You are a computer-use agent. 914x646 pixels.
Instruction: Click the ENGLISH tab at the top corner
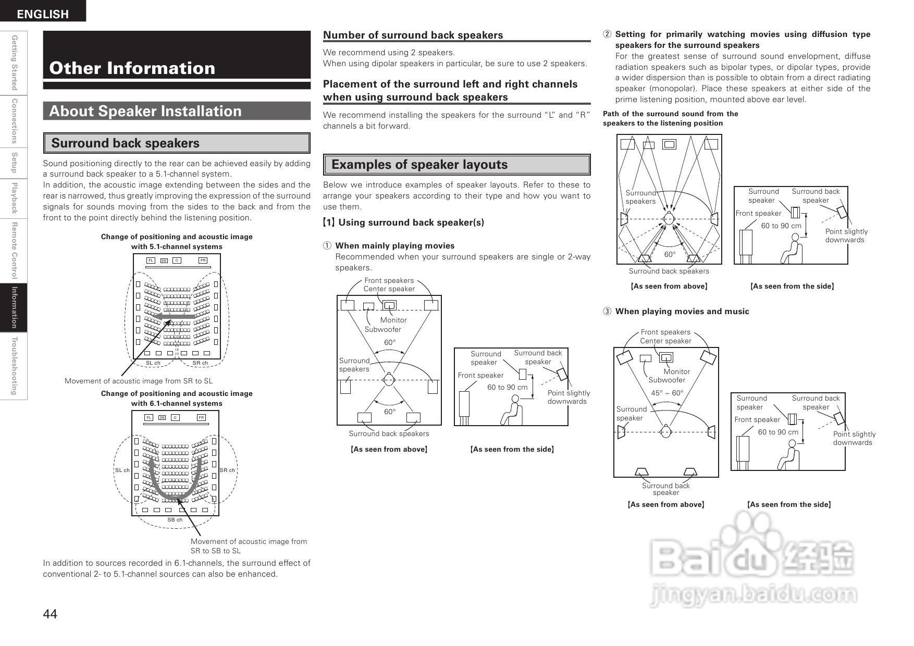tap(43, 14)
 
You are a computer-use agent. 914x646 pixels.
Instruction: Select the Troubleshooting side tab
tap(14, 366)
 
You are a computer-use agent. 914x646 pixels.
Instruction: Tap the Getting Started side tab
tap(14, 63)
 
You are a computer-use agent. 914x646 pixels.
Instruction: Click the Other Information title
tap(132, 68)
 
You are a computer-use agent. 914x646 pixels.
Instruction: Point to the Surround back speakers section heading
tap(125, 143)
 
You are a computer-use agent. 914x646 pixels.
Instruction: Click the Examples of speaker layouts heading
tap(419, 165)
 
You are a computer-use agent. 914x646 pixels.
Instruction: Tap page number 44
tap(50, 614)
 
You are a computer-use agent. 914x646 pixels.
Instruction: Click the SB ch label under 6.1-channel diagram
tap(175, 520)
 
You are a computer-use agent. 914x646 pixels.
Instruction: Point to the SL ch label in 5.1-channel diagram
tap(153, 363)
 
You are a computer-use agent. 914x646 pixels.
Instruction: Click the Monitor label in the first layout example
tap(393, 320)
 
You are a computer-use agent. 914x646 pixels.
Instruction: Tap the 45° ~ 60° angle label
tap(667, 393)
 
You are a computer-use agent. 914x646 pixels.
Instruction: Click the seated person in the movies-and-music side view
tap(788, 457)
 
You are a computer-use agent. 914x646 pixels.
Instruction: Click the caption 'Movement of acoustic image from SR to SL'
tap(139, 381)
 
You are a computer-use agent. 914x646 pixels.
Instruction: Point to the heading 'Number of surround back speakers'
tap(413, 35)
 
